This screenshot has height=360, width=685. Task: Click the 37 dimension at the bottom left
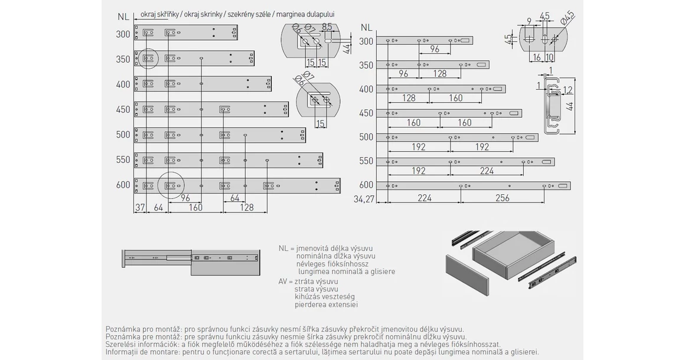(140, 207)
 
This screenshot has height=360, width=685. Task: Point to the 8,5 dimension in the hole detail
(326, 27)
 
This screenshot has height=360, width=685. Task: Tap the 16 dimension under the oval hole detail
(536, 57)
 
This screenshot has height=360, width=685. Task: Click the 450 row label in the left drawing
(123, 109)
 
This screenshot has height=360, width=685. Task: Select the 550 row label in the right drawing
(366, 161)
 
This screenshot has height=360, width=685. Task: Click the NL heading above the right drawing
(366, 27)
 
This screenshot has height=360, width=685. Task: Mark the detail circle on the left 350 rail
(148, 58)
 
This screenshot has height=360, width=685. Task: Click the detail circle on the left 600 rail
(172, 185)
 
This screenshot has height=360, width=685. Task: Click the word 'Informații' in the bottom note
(122, 352)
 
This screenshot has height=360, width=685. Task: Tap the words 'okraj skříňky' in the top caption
(159, 14)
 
